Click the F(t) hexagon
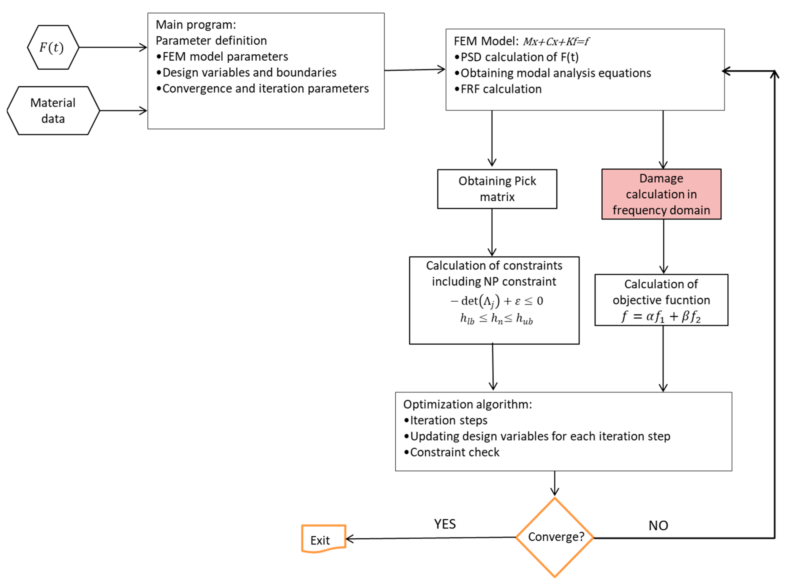pyautogui.click(x=52, y=47)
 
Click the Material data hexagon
pyautogui.click(x=53, y=110)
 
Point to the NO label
pyautogui.click(x=658, y=525)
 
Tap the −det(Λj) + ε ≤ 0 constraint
pyautogui.click(x=496, y=301)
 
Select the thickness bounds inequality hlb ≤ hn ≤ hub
pyautogui.click(x=496, y=319)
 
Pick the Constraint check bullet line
pyautogui.click(x=454, y=452)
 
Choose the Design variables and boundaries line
pyautogui.click(x=249, y=72)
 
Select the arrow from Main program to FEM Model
pyautogui.click(x=414, y=70)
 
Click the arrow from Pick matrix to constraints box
pyautogui.click(x=492, y=232)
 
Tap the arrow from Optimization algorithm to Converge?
pyautogui.click(x=554, y=483)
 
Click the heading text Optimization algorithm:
pyautogui.click(x=467, y=404)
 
